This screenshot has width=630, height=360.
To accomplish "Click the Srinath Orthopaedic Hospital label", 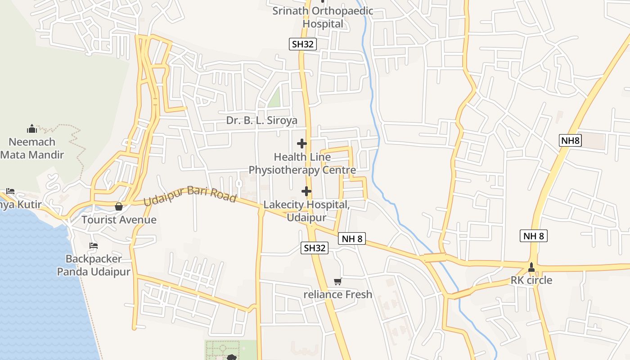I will coord(323,17).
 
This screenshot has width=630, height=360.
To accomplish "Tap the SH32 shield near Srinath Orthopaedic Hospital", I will coord(303,44).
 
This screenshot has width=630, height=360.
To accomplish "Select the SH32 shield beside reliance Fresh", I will coord(315,248).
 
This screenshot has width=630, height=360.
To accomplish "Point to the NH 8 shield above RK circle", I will coord(534,235).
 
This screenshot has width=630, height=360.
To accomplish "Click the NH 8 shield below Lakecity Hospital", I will coord(352,238).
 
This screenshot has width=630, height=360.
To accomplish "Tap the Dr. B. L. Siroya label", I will coord(261,120).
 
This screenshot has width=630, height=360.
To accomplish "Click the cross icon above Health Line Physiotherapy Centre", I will coord(302,144).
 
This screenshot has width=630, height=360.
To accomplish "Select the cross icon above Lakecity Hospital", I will coord(306,191).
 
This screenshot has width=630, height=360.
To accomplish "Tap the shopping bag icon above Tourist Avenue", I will coord(119,207).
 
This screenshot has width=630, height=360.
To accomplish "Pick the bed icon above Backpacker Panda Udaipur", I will coord(94,246).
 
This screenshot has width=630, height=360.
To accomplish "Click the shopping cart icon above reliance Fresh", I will coord(338,282).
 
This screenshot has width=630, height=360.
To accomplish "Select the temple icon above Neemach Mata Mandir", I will coord(32,129).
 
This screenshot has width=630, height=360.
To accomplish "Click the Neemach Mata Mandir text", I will coord(32,148).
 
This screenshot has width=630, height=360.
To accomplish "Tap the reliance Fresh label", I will coord(338,295).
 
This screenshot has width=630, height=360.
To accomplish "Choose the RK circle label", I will coord(531,280).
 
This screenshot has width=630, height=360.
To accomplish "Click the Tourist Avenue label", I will coord(119,220).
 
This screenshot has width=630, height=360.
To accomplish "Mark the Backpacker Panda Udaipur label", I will coord(94,265).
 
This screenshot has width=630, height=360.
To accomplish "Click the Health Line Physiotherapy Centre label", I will coord(302,163).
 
